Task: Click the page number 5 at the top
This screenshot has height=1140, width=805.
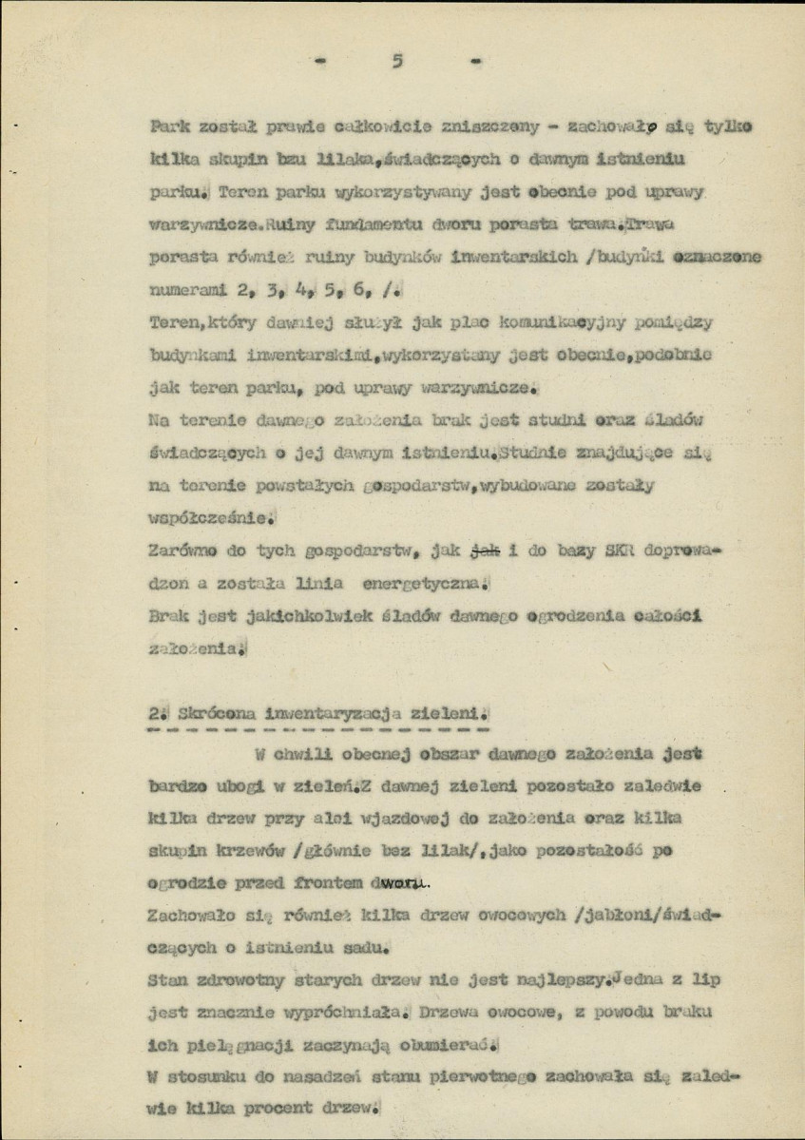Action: (397, 62)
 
